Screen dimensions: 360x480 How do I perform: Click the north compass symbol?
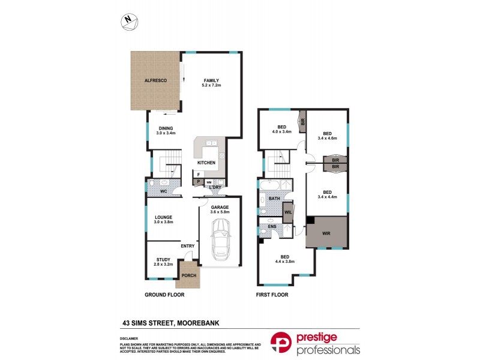(128, 21)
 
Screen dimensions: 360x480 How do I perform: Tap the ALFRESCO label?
(155, 80)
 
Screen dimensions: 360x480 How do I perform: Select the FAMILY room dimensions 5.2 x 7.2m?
(211, 86)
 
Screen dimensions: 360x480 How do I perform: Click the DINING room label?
(166, 128)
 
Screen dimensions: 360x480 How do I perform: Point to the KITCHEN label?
(206, 163)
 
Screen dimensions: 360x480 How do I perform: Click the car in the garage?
(220, 239)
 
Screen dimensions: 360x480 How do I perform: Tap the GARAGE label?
(220, 206)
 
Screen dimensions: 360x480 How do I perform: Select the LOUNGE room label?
(164, 218)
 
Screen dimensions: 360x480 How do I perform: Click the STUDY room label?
(163, 260)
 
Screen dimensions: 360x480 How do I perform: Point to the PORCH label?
(188, 276)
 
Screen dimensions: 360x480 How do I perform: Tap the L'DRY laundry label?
(215, 188)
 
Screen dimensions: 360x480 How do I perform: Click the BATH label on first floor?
(274, 198)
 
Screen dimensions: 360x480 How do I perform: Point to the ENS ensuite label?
(272, 227)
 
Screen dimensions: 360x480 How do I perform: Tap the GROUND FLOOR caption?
(164, 295)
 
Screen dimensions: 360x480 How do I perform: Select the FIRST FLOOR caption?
(272, 295)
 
